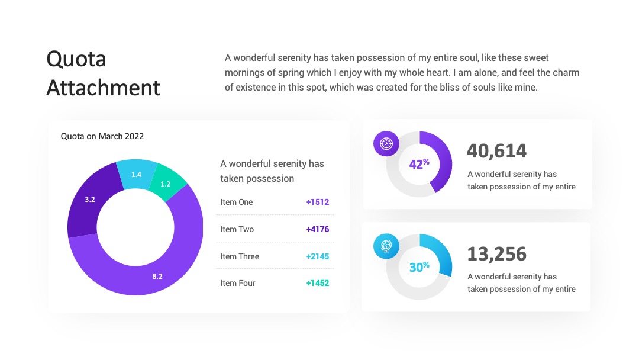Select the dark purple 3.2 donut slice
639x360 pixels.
click(91, 199)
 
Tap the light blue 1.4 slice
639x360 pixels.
click(136, 175)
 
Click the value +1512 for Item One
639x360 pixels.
click(318, 202)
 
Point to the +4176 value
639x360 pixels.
click(318, 229)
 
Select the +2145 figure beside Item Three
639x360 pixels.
click(318, 256)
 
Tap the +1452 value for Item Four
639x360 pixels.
click(318, 283)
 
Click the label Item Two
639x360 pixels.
click(237, 229)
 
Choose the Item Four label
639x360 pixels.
click(238, 283)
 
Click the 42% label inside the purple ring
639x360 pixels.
click(419, 163)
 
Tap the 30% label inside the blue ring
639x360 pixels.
click(419, 266)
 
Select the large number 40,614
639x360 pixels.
click(496, 151)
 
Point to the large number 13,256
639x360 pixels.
click(496, 254)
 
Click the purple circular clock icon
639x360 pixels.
click(386, 143)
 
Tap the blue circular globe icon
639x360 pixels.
click(386, 246)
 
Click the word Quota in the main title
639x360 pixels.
click(76, 60)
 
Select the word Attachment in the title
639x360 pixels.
click(104, 88)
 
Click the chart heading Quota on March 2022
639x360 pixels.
click(102, 136)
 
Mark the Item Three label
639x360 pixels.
click(240, 256)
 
